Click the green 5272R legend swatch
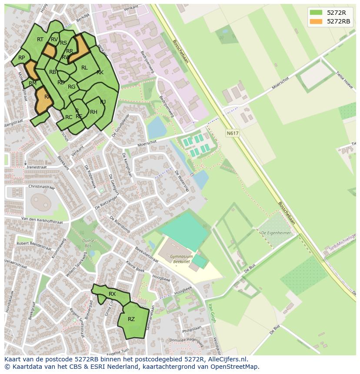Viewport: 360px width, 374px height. coord(316,13)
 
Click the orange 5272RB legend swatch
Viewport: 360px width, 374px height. coord(316,21)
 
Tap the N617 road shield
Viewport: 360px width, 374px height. coord(233,134)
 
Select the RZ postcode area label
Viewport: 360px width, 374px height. coord(131,319)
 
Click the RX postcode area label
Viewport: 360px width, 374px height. coord(112,294)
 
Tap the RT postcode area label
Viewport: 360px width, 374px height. coord(40,40)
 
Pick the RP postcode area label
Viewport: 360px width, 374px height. coord(21,58)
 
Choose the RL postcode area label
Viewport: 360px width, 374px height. coord(84,68)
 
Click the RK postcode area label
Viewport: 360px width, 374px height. coord(100,73)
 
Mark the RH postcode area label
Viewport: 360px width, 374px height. coord(93,112)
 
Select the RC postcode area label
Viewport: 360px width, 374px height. coord(69,117)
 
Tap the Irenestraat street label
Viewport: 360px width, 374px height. coord(37,167)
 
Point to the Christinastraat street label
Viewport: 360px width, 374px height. coord(41,187)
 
